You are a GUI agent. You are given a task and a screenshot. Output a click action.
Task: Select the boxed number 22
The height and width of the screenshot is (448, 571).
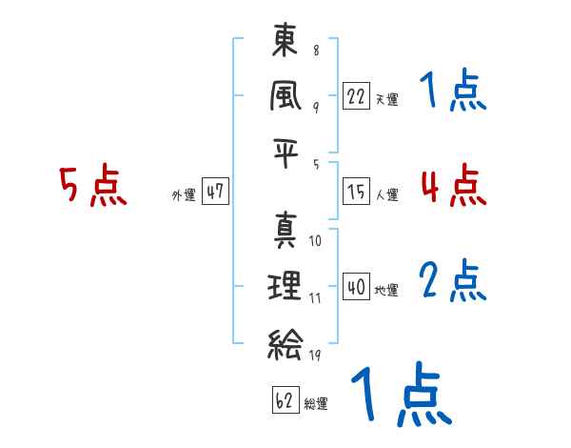[x=356, y=96]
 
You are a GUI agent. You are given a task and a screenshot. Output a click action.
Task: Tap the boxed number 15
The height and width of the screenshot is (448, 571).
[x=356, y=192]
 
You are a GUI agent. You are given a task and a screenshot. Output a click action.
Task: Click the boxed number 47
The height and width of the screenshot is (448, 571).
[x=215, y=192]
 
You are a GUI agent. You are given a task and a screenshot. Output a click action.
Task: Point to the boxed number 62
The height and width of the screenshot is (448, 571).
[x=285, y=400]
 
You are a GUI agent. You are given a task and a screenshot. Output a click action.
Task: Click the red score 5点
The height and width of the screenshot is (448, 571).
[x=92, y=188]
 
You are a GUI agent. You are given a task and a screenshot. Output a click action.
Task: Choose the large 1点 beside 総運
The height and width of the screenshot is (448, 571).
[x=399, y=395]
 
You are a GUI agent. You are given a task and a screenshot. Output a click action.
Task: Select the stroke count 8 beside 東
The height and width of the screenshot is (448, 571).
[x=315, y=51]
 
